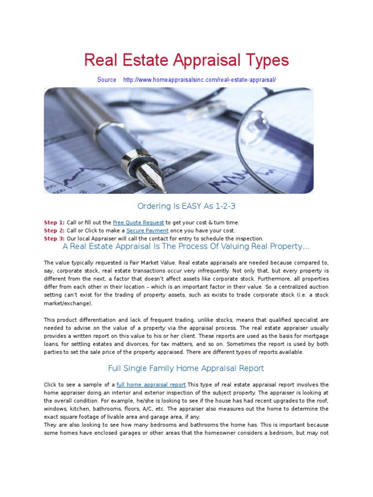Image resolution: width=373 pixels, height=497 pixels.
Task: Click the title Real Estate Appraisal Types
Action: click(186, 61)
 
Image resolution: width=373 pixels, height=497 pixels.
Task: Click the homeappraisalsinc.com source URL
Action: click(199, 80)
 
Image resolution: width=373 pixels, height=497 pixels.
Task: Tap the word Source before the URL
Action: click(106, 80)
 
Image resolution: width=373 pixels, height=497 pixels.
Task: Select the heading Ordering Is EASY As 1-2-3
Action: click(186, 206)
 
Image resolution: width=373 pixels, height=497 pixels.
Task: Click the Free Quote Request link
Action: click(138, 223)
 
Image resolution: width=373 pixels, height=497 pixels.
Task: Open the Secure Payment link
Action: click(147, 231)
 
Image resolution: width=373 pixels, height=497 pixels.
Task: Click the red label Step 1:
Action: click(54, 223)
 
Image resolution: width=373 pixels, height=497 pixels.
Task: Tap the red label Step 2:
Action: click(54, 231)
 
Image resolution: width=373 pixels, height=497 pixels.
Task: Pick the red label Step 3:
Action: click(54, 238)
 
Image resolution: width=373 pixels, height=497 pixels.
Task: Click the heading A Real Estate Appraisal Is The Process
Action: click(186, 246)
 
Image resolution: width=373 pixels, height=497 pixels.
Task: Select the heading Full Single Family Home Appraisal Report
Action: click(186, 368)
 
